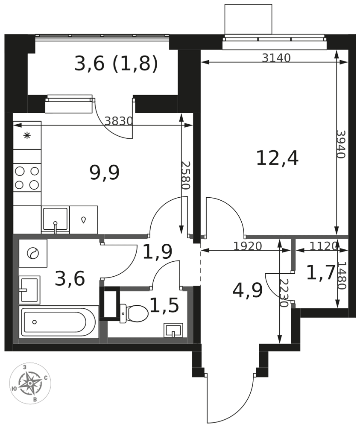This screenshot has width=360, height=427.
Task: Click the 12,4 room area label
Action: click(277, 158)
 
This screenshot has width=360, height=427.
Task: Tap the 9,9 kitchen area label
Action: click(105, 173)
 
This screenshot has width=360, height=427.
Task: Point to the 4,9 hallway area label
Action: click(248, 290)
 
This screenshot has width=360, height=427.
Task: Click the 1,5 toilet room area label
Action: click(164, 305)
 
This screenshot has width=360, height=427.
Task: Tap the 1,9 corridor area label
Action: click(158, 252)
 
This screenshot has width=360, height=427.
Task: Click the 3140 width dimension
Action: click(276, 58)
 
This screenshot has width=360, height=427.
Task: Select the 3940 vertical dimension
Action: click(341, 144)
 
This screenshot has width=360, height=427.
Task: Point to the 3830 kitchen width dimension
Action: click(118, 121)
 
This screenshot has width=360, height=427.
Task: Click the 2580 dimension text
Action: click(185, 175)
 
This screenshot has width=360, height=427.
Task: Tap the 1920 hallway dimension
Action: click(248, 246)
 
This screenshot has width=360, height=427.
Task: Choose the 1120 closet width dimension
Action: click(324, 246)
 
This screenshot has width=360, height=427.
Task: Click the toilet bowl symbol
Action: click(134, 313)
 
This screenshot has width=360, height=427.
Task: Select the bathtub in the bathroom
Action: click(59, 322)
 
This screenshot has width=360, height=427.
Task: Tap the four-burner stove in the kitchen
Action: click(27, 178)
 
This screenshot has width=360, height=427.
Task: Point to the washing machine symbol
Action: click(33, 253)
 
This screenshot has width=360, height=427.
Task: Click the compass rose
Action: click(30, 383)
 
